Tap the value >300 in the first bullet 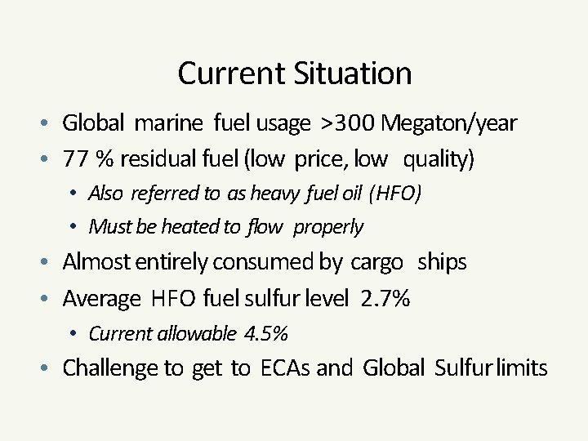(x=348, y=123)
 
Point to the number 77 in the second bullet (x=75, y=158)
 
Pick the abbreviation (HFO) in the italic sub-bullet (x=395, y=193)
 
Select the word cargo (x=376, y=262)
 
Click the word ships (x=442, y=262)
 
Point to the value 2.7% (x=385, y=298)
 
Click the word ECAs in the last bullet (x=285, y=368)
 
